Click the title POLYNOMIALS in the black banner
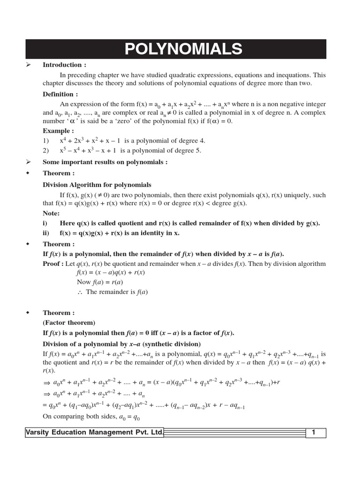tap(183, 49)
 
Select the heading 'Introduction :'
tap(65, 65)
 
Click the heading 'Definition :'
tap(61, 94)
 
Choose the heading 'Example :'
tap(59, 131)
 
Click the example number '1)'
tap(46, 141)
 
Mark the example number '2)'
tap(46, 150)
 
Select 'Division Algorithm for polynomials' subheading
tap(97, 185)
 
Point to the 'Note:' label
tap(51, 213)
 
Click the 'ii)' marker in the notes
tap(46, 233)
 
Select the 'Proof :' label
tap(53, 263)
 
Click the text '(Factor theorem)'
tap(69, 322)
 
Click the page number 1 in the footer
tap(314, 433)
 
